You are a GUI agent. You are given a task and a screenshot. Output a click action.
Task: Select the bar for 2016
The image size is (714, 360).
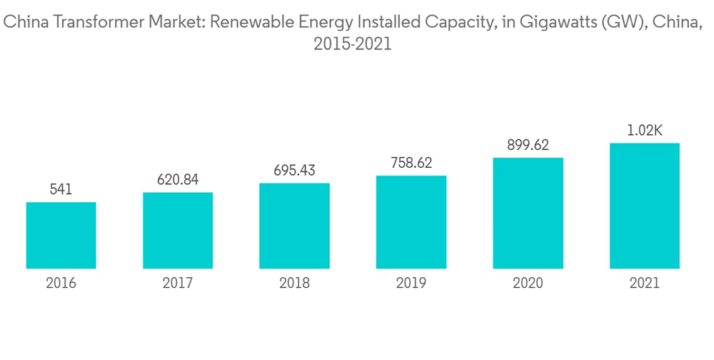(x=61, y=235)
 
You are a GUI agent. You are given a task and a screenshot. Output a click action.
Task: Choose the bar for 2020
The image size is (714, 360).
(x=528, y=213)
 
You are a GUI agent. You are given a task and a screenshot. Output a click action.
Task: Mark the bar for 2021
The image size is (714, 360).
(x=645, y=206)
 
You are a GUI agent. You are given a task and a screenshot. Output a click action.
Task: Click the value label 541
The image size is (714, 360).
(x=61, y=190)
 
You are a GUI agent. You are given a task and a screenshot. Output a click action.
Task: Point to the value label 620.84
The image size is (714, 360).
(x=178, y=180)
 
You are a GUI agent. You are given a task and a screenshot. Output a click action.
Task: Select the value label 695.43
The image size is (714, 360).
(x=294, y=171)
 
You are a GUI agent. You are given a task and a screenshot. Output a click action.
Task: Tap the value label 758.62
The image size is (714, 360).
(x=411, y=163)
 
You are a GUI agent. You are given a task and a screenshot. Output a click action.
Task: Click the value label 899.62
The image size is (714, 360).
(x=528, y=145)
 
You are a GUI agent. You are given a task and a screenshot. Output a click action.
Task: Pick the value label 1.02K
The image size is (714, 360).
(x=645, y=131)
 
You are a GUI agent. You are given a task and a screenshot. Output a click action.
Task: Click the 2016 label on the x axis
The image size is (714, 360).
(x=61, y=284)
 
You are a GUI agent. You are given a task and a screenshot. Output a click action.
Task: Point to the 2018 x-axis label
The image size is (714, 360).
(x=294, y=284)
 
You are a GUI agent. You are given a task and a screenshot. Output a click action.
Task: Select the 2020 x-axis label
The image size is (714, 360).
(x=528, y=284)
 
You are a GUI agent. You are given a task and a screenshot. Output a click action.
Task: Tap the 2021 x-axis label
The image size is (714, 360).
(x=645, y=284)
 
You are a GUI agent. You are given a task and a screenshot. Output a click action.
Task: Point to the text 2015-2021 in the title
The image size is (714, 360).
(x=353, y=44)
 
